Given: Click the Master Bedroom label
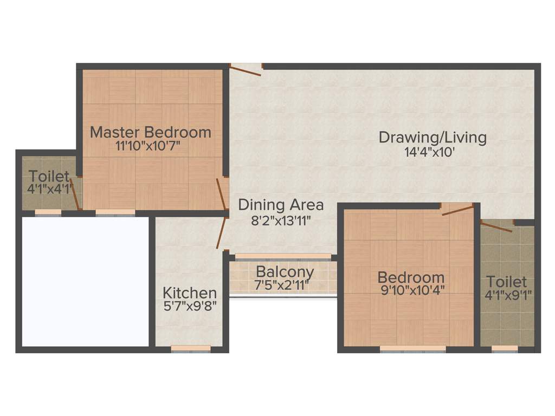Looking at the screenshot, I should (150, 132).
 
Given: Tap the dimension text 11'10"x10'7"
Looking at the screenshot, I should (147, 146).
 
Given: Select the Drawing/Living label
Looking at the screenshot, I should (432, 137).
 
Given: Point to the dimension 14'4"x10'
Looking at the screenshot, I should (429, 152).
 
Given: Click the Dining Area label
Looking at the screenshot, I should (281, 205).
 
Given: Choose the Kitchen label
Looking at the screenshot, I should (190, 293).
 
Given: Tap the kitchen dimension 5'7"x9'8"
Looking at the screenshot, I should (190, 305).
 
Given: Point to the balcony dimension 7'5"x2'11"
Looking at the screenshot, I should (282, 284).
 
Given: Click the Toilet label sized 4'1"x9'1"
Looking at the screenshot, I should (506, 282).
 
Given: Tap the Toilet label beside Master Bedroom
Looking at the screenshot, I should (49, 176).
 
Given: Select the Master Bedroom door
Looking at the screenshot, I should (221, 193).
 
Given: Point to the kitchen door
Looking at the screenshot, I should (221, 233).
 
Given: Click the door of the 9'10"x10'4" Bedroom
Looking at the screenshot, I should (458, 210).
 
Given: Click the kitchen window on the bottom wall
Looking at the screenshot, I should (191, 349).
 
